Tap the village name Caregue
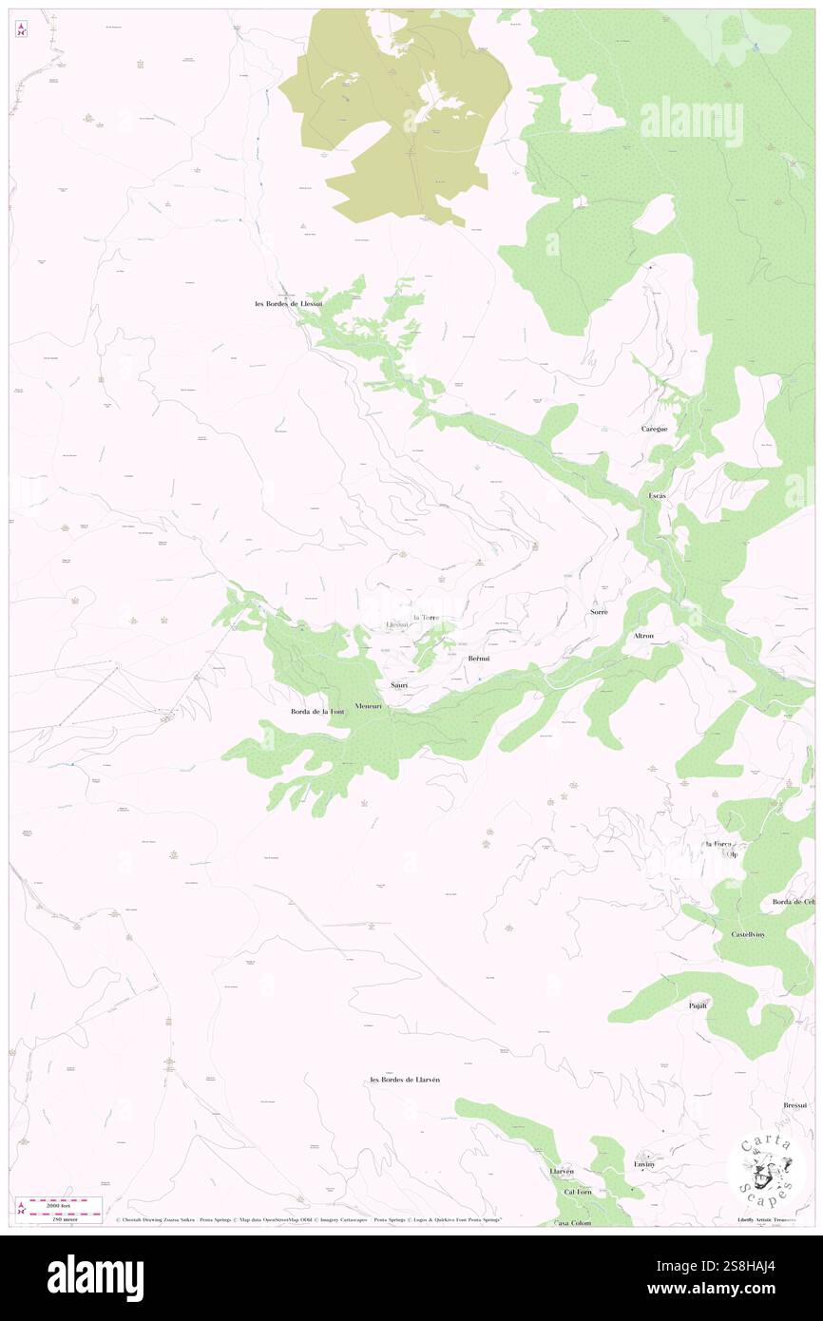click(654, 429)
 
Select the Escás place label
click(657, 496)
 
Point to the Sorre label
click(599, 612)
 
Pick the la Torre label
click(425, 617)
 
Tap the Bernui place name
click(479, 659)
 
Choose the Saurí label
click(399, 684)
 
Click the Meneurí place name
click(368, 706)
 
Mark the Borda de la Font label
click(316, 711)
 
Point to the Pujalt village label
click(699, 1005)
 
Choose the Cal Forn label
click(578, 1192)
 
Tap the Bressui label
click(795, 1105)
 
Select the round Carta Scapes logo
click(766, 1171)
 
